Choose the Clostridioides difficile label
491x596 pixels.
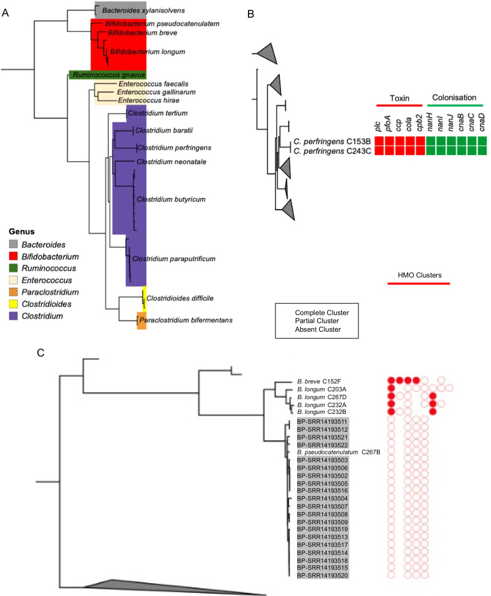(x=177, y=299)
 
